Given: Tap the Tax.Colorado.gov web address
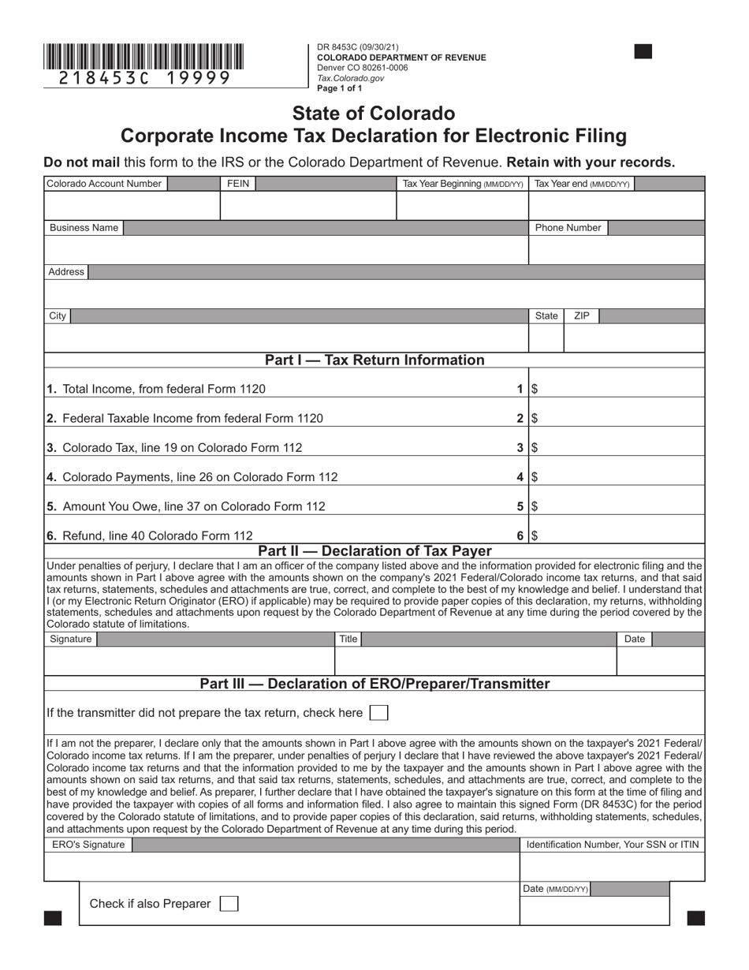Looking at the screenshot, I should pyautogui.click(x=350, y=78).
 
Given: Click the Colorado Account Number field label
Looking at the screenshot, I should pyautogui.click(x=104, y=184).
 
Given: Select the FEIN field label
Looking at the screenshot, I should pyautogui.click(x=237, y=184).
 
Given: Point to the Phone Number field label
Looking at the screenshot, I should pyautogui.click(x=568, y=228).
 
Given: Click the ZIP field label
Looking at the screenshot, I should pyautogui.click(x=581, y=315).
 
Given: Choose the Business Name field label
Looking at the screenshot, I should pyautogui.click(x=84, y=228).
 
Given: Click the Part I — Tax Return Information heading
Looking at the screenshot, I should pyautogui.click(x=374, y=360).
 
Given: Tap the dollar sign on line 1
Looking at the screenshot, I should pyautogui.click(x=535, y=389).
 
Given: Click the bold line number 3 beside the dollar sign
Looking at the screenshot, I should pyautogui.click(x=520, y=448).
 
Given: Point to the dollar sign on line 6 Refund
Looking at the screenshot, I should pyautogui.click(x=535, y=536).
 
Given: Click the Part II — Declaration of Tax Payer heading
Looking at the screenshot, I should pyautogui.click(x=374, y=551).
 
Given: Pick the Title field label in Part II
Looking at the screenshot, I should pyautogui.click(x=348, y=639).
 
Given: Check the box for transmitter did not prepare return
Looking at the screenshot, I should pyautogui.click(x=379, y=713).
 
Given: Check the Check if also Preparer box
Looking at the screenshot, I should pyautogui.click(x=229, y=904).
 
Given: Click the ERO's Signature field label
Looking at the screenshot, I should pyautogui.click(x=88, y=845).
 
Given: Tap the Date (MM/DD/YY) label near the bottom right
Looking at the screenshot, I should pyautogui.click(x=555, y=890).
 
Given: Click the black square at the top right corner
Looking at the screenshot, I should pyautogui.click(x=643, y=52).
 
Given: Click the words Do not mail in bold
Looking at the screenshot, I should pyautogui.click(x=81, y=162).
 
